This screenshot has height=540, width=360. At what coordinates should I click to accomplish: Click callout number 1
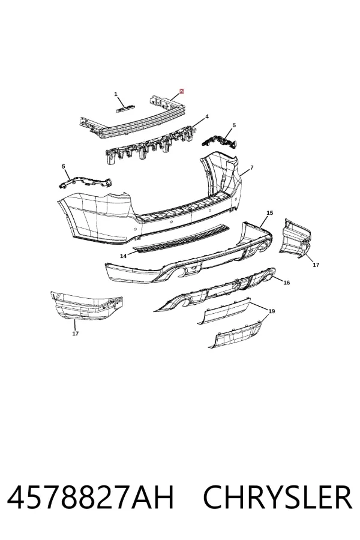pyautogui.click(x=116, y=94)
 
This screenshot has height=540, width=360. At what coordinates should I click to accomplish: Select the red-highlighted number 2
pyautogui.click(x=182, y=91)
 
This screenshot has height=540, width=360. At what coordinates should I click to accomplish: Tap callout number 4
pyautogui.click(x=207, y=117)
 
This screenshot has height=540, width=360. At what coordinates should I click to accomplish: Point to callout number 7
pyautogui.click(x=252, y=168)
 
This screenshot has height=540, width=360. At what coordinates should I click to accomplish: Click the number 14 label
pyautogui.click(x=124, y=256)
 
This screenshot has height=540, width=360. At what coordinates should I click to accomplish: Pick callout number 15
pyautogui.click(x=270, y=213)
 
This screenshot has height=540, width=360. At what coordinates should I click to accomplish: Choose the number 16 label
pyautogui.click(x=286, y=283)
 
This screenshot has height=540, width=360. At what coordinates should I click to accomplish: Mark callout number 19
pyautogui.click(x=271, y=311)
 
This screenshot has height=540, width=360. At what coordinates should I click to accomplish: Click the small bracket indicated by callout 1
pyautogui.click(x=125, y=109)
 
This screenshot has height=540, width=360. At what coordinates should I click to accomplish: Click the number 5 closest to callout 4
pyautogui.click(x=234, y=125)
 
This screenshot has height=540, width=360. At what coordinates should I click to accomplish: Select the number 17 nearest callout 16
pyautogui.click(x=316, y=265)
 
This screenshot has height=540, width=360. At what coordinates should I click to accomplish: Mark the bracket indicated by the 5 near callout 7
pyautogui.click(x=220, y=142)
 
